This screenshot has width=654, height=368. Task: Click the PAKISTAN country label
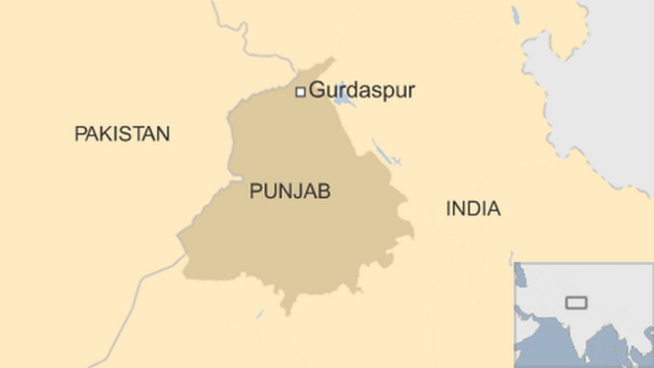tap(121, 133)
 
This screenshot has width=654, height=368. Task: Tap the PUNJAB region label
tap(289, 191)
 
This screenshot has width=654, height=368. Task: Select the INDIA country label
tap(473, 208)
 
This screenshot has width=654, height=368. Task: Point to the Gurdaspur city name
tap(362, 90)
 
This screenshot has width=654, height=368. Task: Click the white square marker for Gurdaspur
tap(301, 92)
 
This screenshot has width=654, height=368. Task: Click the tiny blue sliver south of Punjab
tap(259, 313)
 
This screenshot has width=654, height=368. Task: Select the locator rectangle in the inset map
tap(576, 303)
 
